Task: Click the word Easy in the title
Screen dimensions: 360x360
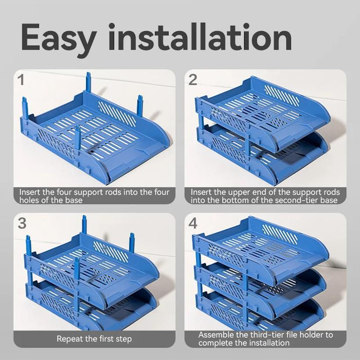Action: [x=58, y=38]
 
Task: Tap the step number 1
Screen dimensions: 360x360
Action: [x=21, y=80]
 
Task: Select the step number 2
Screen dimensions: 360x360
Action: [x=193, y=80]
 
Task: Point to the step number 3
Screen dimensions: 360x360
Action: [x=22, y=223]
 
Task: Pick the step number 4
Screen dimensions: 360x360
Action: [x=193, y=223]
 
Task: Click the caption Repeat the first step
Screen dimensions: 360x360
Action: [x=94, y=338]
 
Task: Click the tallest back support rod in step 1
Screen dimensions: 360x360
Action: [x=89, y=83]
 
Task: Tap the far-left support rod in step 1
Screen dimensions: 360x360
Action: [x=25, y=108]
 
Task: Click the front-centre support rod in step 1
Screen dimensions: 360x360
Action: [x=78, y=138]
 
